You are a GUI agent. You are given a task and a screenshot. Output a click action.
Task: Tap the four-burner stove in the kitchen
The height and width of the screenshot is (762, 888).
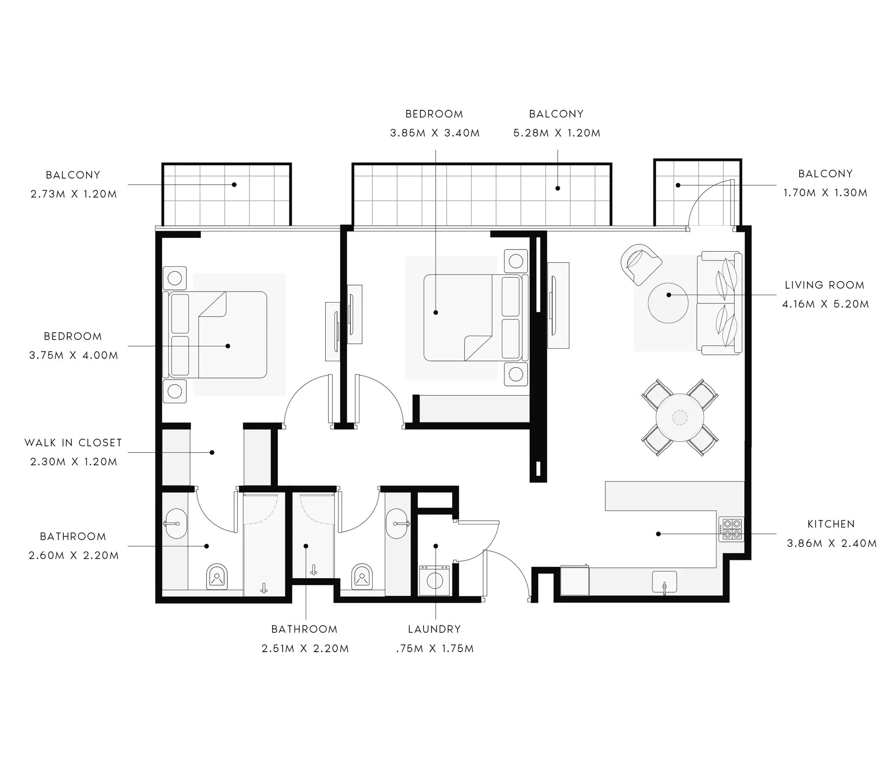pyautogui.click(x=732, y=529)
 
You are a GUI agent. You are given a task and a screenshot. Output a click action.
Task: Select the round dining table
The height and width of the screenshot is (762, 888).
pyautogui.click(x=680, y=417)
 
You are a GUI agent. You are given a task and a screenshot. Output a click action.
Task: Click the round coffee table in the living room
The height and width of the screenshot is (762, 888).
pyautogui.click(x=668, y=303)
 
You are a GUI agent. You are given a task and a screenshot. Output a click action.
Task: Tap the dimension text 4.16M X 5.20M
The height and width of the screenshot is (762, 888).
pyautogui.click(x=825, y=304)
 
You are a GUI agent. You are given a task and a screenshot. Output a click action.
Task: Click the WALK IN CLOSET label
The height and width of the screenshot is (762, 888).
pyautogui.click(x=73, y=442)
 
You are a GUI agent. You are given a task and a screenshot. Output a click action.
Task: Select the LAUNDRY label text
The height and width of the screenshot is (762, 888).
pyautogui.click(x=435, y=629)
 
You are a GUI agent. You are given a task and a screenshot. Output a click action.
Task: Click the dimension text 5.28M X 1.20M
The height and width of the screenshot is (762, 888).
pyautogui.click(x=557, y=133)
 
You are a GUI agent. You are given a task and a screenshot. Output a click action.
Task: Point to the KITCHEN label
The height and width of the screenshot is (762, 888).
pyautogui.click(x=831, y=524)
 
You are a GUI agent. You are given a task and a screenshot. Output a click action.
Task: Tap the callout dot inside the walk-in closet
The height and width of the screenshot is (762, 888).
pyautogui.click(x=212, y=452)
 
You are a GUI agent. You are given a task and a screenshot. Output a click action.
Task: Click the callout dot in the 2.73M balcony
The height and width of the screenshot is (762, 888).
pyautogui.click(x=234, y=185)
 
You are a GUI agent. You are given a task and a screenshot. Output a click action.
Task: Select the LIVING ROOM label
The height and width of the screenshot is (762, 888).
pyautogui.click(x=825, y=285)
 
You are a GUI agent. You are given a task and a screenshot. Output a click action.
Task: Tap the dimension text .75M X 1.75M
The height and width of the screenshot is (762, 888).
pyautogui.click(x=435, y=648)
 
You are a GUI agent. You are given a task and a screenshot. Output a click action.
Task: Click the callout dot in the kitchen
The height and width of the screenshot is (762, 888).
pyautogui.click(x=658, y=534)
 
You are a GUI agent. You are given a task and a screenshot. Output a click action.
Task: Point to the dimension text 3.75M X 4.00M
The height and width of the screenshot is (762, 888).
pyautogui.click(x=74, y=355)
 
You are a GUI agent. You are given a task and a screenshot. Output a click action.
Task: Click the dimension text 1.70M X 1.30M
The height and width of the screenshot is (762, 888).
pyautogui.click(x=825, y=193)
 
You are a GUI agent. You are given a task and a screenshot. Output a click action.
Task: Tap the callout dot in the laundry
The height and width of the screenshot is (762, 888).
pyautogui.click(x=436, y=546)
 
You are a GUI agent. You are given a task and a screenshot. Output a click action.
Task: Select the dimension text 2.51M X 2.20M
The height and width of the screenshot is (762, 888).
pyautogui.click(x=305, y=648)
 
